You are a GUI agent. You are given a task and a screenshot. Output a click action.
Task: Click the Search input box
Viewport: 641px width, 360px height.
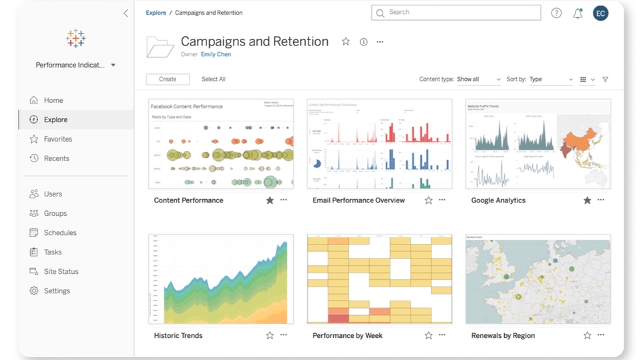[x=461, y=13]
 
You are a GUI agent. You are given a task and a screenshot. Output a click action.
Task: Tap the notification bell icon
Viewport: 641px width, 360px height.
[x=578, y=13]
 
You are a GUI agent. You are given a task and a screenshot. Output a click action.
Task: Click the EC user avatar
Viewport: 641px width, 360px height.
[x=600, y=13]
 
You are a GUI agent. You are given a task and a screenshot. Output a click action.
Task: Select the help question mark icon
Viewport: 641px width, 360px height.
[x=556, y=13]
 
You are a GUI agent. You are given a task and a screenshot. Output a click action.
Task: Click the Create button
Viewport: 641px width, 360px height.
[x=168, y=79]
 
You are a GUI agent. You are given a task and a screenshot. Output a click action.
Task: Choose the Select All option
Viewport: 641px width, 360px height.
[x=214, y=79]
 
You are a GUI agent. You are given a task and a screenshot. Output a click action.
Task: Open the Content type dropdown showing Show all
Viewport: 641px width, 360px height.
[x=478, y=79]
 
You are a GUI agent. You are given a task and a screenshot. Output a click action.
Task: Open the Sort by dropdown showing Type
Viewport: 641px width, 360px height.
[x=550, y=79]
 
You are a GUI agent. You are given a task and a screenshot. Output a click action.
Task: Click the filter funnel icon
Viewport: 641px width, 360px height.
[x=606, y=79]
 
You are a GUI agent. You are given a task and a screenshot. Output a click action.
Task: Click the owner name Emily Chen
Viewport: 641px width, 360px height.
[x=216, y=55]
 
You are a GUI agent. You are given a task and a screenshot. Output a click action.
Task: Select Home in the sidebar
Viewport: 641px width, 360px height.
[x=53, y=100]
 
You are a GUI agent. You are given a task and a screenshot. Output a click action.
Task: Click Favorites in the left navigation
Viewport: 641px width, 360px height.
[x=58, y=139]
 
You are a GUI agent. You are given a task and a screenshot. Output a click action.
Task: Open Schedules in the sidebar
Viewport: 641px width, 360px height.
[x=60, y=232]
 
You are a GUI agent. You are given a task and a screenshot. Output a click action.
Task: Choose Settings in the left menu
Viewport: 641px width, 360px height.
[x=57, y=291]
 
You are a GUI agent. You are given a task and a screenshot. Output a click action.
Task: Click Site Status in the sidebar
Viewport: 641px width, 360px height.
[x=61, y=271]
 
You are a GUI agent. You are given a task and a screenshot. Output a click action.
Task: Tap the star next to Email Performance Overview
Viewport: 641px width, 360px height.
[x=429, y=200]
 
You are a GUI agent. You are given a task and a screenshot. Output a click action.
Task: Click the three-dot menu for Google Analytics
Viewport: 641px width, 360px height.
[x=601, y=200]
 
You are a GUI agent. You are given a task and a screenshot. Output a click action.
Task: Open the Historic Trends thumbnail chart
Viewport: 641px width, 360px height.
[x=220, y=279]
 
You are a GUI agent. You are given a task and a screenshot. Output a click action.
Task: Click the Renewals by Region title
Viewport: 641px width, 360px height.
[x=503, y=336]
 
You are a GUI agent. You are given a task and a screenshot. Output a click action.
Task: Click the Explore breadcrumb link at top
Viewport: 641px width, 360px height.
[x=156, y=13]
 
